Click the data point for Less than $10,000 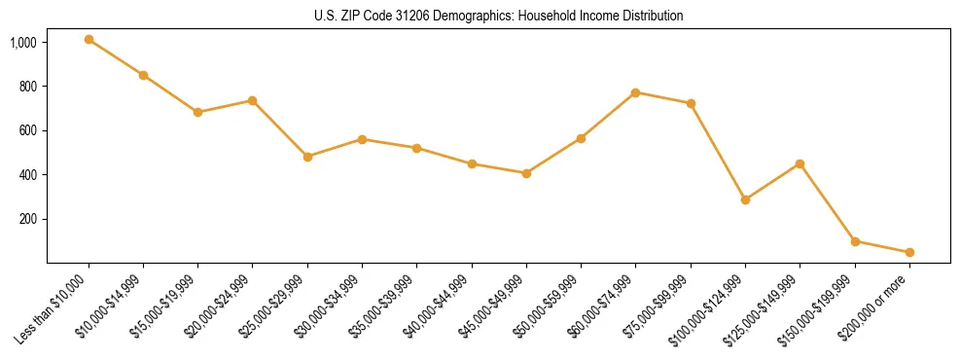click(x=89, y=40)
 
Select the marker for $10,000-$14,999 click(x=143, y=75)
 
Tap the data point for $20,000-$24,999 click(x=253, y=100)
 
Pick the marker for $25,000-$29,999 click(x=307, y=157)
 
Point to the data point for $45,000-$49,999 click(x=526, y=173)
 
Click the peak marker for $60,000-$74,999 click(x=635, y=92)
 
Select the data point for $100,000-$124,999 click(x=745, y=199)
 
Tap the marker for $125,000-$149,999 click(x=800, y=163)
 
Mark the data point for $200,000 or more click(x=909, y=252)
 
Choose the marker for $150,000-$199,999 click(x=855, y=241)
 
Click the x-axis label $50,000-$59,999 click(x=550, y=306)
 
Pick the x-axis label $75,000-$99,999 click(x=659, y=306)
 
